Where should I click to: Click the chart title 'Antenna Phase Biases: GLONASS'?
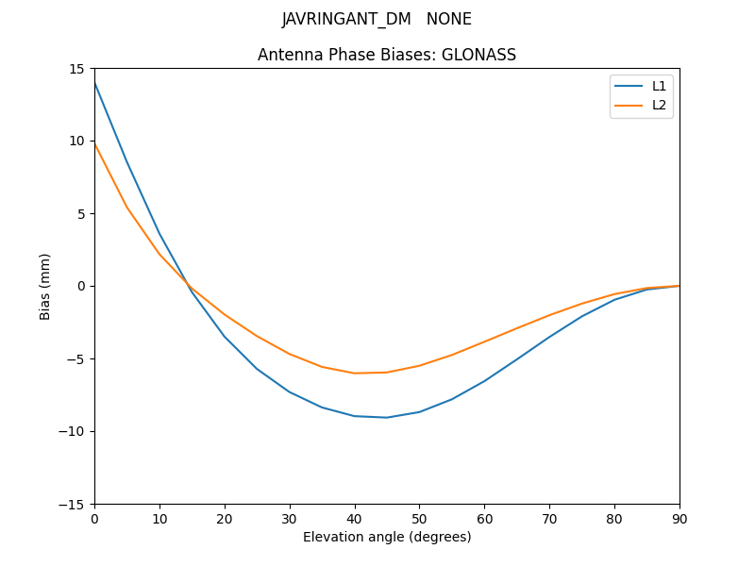click(x=387, y=55)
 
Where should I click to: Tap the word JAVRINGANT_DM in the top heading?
click(x=346, y=19)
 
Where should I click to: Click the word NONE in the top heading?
click(x=449, y=19)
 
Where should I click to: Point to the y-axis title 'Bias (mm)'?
click(x=45, y=286)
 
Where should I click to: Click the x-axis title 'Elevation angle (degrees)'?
click(x=387, y=537)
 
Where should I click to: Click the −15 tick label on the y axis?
click(x=75, y=504)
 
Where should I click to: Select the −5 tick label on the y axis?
click(x=77, y=358)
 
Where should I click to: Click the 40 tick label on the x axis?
click(x=355, y=518)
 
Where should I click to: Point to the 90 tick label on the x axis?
click(x=679, y=518)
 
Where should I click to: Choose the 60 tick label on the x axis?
click(x=484, y=518)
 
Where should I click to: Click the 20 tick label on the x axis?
click(x=225, y=518)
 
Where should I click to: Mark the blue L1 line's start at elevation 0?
click(x=95, y=83)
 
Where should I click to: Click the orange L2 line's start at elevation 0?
click(x=95, y=144)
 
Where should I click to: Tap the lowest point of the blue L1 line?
click(x=387, y=417)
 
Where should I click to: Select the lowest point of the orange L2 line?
click(x=355, y=373)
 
